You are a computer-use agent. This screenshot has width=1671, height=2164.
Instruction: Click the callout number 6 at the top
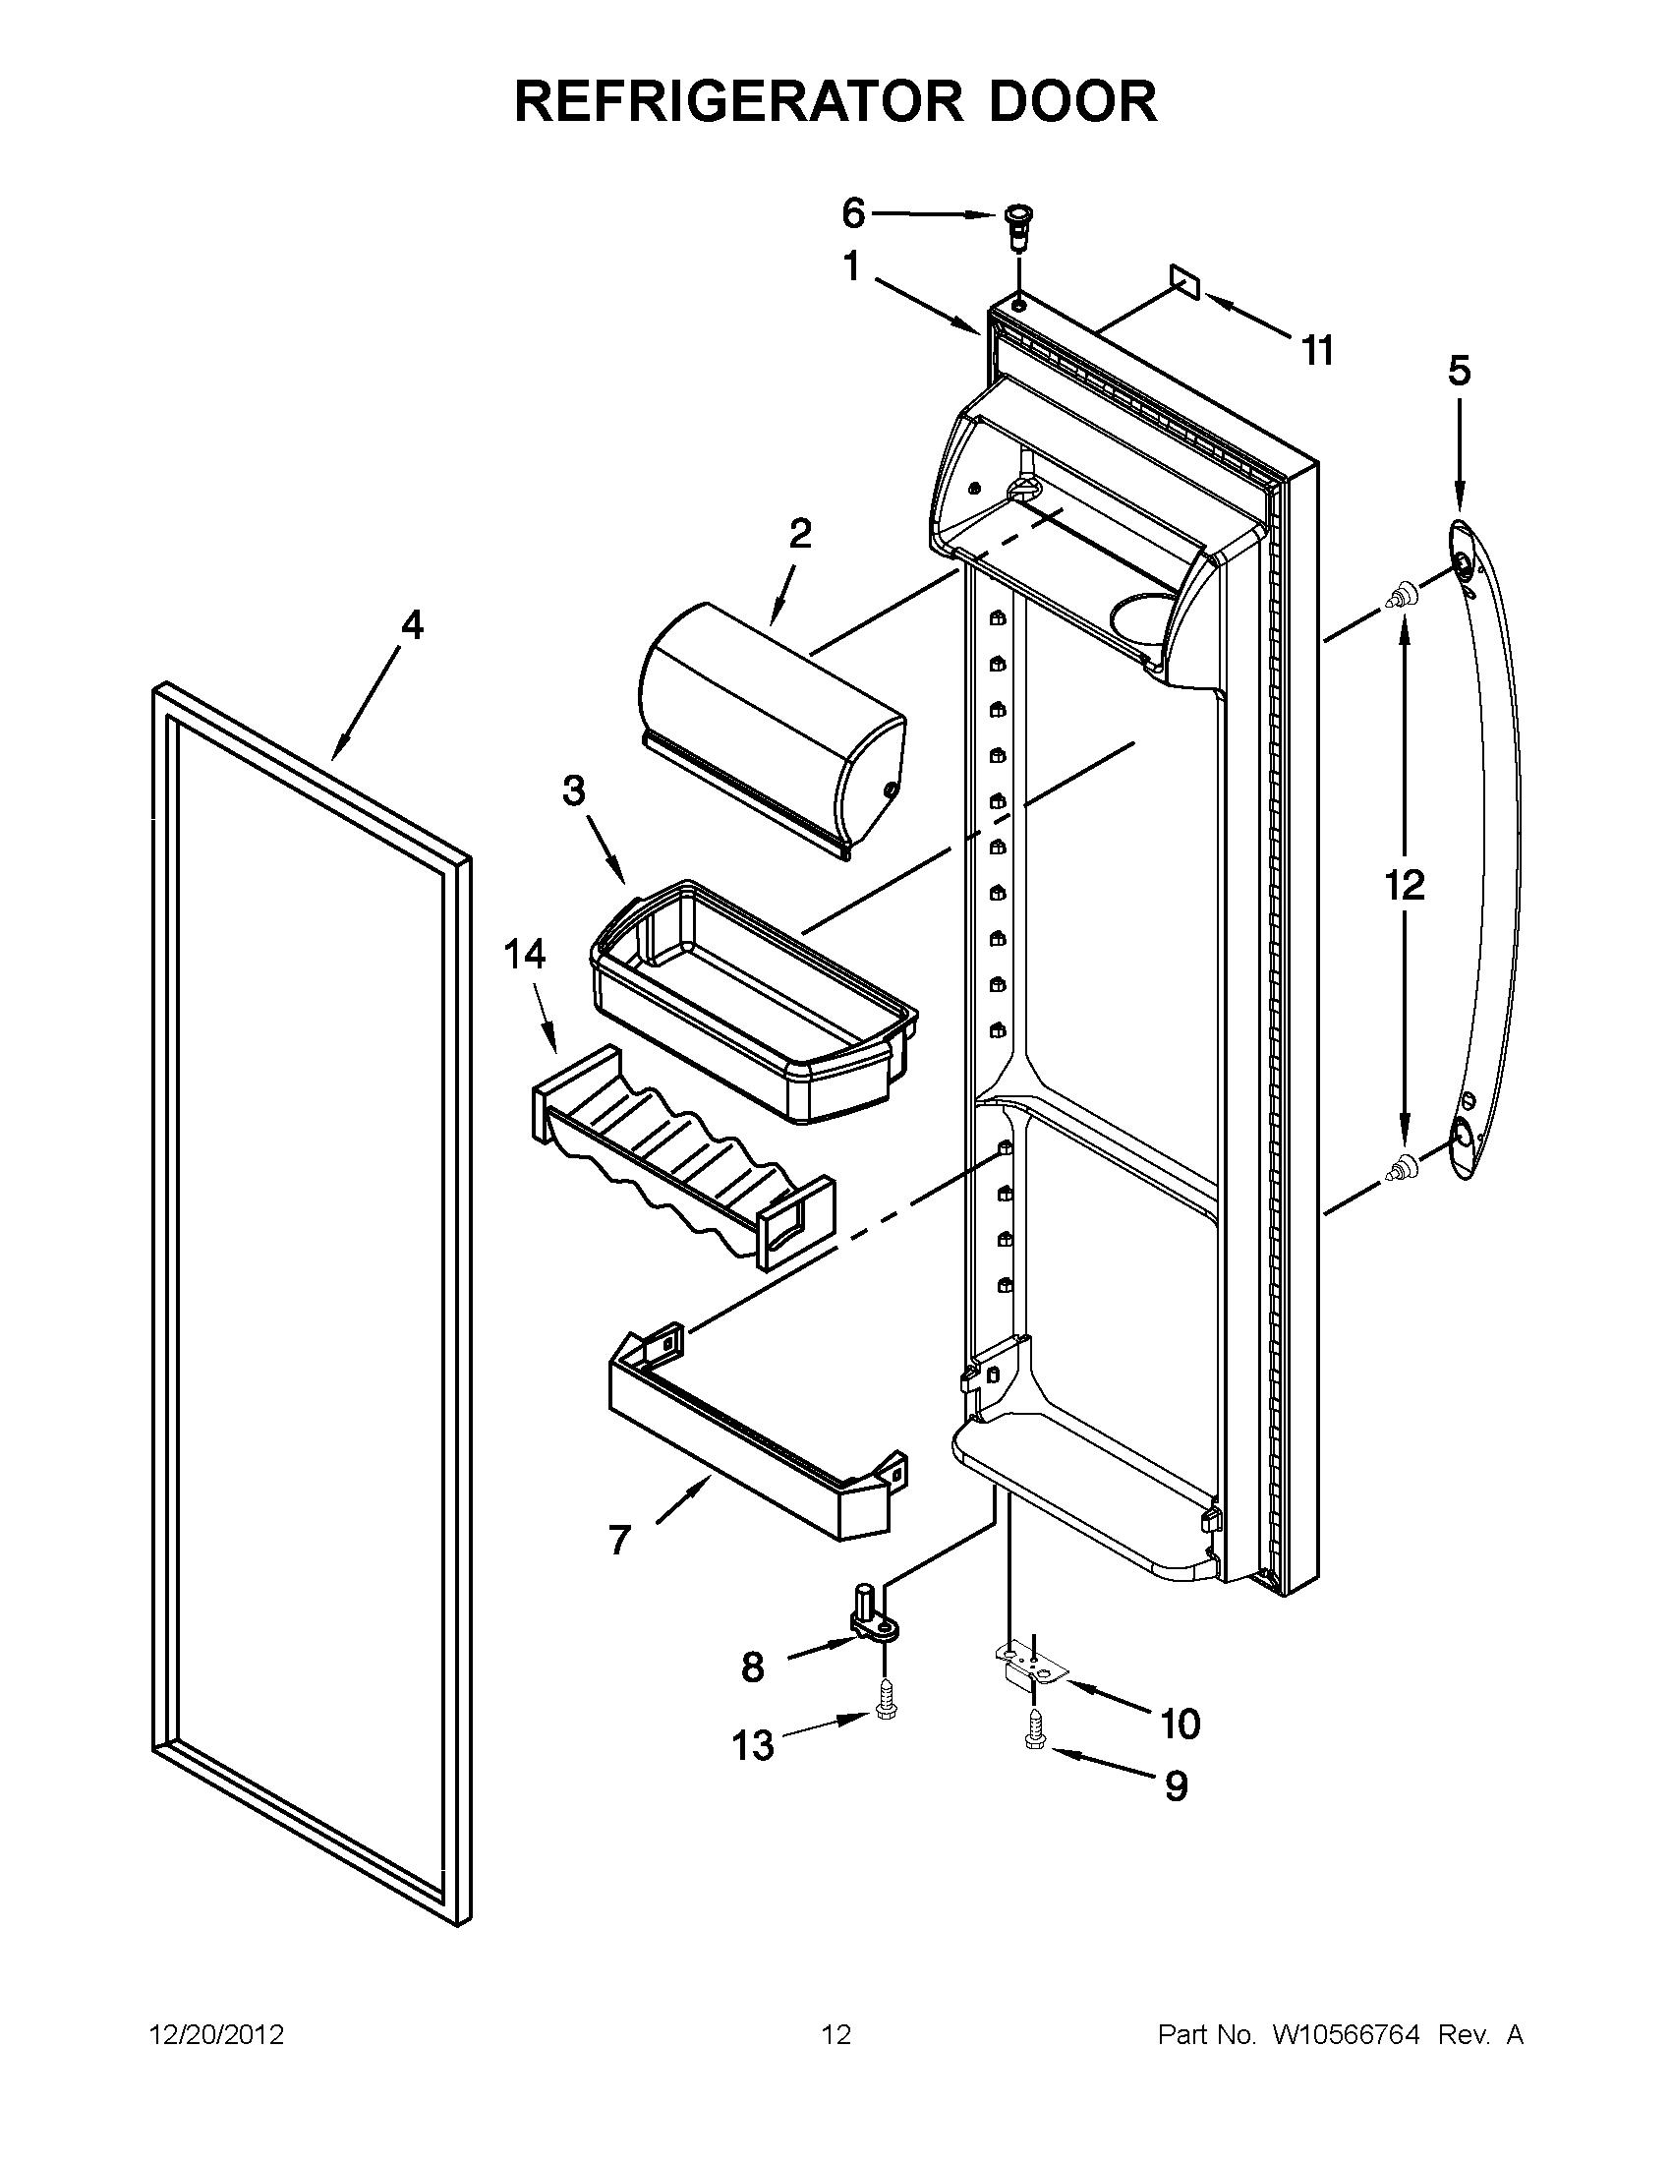coord(853,213)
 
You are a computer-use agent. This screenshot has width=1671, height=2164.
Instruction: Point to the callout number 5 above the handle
coord(1459,371)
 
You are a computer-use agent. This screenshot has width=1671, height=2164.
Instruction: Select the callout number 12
coord(1404,885)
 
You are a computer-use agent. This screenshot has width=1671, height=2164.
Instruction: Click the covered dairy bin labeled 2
coord(773,729)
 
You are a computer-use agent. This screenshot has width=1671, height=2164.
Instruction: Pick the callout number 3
coord(573,790)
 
